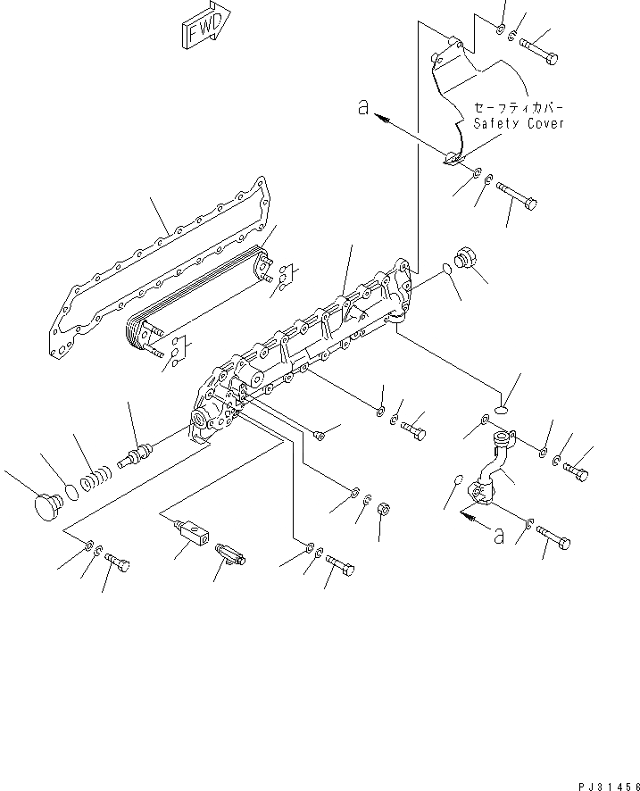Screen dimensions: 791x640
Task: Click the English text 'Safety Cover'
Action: coord(518,123)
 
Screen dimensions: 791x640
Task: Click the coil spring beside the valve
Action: coord(95,482)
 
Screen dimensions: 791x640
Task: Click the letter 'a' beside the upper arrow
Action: coord(362,106)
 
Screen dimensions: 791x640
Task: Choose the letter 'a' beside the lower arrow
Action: coord(497,535)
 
